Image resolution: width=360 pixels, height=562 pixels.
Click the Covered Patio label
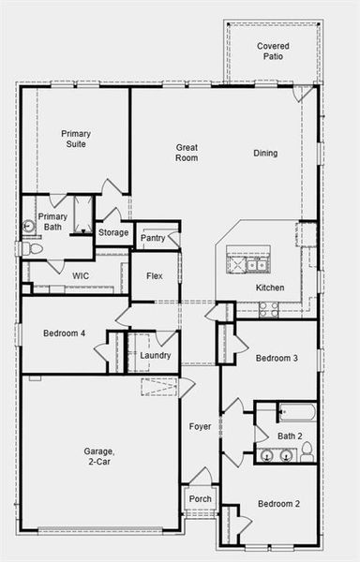(274, 51)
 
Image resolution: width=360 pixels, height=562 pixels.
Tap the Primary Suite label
(76, 139)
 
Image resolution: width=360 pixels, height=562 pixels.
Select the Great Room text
(187, 152)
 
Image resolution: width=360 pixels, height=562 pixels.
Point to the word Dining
(265, 153)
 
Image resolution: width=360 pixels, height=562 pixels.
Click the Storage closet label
(113, 232)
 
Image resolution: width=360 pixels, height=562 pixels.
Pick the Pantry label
(153, 238)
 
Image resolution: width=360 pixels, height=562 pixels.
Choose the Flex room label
(154, 276)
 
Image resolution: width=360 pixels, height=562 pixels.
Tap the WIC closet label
(81, 276)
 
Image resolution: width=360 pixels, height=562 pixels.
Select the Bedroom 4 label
(64, 333)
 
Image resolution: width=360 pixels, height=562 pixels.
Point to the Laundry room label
(155, 355)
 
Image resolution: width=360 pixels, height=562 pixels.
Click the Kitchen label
(271, 288)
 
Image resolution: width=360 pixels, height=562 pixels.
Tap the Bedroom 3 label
(277, 358)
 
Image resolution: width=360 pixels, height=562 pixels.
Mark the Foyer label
(200, 426)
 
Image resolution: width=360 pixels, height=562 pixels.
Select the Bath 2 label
(290, 436)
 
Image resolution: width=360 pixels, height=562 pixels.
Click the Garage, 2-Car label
(99, 456)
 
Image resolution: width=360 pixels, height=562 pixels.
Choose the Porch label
(201, 498)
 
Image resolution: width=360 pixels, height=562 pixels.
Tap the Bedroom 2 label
(277, 504)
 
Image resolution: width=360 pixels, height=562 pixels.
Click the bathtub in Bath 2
(296, 411)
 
